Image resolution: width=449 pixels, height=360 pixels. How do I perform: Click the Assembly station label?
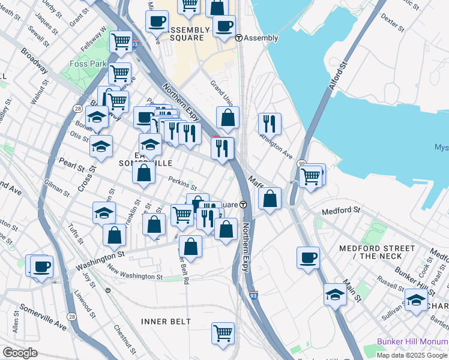point(261,38)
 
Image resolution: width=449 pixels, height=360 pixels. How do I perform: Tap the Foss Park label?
point(89,64)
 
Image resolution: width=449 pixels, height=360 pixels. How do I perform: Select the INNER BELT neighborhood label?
point(166,322)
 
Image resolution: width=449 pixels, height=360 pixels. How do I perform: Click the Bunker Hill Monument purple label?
point(412,341)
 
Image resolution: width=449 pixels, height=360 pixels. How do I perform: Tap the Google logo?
point(20,353)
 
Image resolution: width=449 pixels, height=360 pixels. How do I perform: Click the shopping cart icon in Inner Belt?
point(223,333)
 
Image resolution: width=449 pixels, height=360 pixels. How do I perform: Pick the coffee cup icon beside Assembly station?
point(224,26)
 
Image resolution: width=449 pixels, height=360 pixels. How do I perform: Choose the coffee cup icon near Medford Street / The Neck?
point(308,257)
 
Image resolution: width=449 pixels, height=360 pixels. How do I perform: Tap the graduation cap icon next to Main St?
point(335,295)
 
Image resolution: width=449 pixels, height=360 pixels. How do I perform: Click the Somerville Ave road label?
point(43,316)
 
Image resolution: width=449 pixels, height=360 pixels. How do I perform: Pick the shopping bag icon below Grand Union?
point(228,118)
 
